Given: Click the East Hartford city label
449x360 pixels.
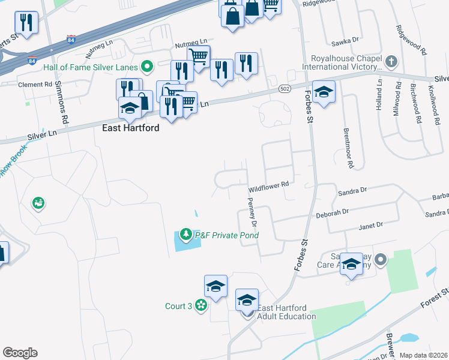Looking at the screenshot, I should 130,128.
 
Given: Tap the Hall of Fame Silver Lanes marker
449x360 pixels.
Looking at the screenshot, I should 146,66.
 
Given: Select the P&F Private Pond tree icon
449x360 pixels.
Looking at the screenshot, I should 187,234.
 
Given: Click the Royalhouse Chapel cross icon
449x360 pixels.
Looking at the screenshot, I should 391,61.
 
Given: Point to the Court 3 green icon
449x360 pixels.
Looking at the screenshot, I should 201,307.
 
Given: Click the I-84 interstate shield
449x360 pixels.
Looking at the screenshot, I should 71,41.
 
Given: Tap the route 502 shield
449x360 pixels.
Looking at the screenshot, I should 285,88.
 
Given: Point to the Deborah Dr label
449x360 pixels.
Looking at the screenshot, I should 333,213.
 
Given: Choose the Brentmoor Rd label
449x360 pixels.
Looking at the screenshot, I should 346,147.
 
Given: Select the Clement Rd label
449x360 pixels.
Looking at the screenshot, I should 35,85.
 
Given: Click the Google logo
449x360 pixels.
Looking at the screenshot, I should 20,353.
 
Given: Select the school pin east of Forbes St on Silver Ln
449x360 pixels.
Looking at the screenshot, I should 324,92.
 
